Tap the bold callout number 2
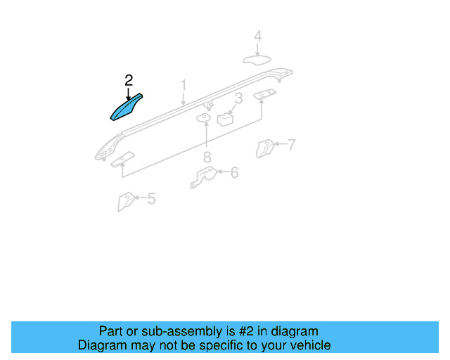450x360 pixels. (128, 81)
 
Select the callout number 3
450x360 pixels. (238, 98)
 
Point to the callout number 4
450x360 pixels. (257, 36)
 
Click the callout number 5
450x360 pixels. (151, 199)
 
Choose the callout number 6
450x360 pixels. (234, 172)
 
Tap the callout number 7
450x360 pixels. (291, 145)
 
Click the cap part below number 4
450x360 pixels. (257, 59)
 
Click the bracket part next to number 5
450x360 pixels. (125, 201)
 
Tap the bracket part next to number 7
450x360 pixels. (265, 148)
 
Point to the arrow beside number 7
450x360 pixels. (279, 145)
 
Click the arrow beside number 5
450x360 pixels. (139, 199)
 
